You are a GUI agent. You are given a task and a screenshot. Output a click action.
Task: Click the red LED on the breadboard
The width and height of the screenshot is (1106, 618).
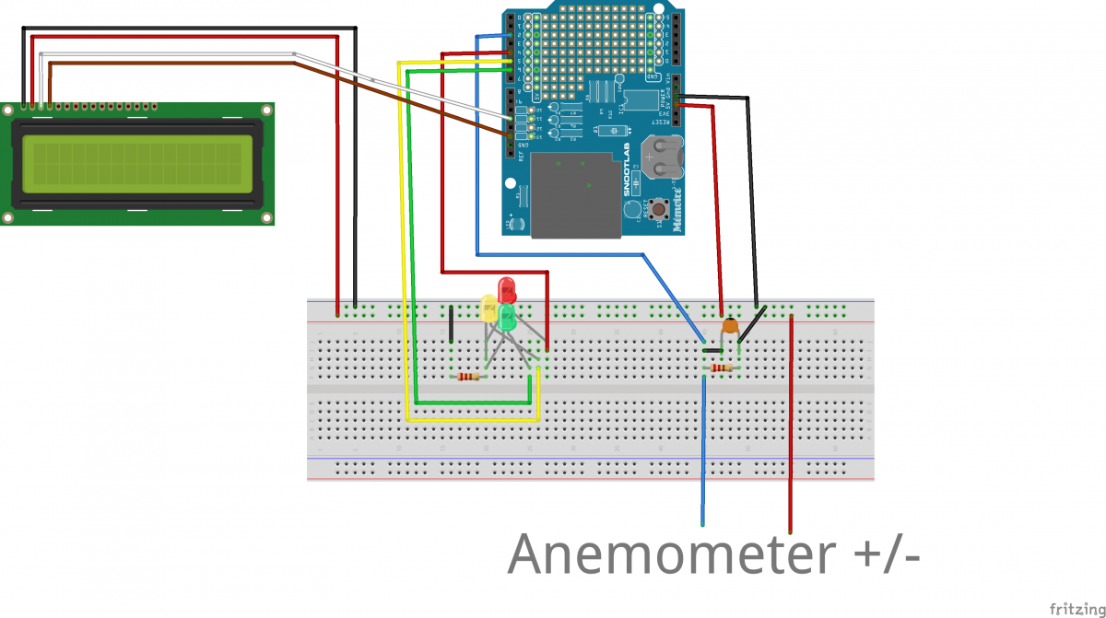(x=506, y=290)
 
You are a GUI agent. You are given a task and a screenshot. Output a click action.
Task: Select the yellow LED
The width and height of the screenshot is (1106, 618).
(x=489, y=308)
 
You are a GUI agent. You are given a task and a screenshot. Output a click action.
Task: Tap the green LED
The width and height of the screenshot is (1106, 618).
(x=508, y=318)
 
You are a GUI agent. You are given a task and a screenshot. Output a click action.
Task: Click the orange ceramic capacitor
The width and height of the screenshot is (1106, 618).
(x=730, y=324)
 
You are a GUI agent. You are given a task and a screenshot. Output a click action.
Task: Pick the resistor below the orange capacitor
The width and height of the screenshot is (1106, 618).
(x=721, y=368)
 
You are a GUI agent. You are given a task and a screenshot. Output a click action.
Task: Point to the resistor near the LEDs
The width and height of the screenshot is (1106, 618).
(x=468, y=376)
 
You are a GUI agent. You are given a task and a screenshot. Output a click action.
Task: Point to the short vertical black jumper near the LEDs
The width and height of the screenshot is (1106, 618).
(x=451, y=326)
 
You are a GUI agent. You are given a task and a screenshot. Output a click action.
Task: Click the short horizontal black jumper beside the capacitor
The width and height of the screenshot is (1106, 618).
(x=712, y=351)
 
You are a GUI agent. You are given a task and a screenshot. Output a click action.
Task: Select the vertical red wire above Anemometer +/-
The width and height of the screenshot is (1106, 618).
(x=790, y=424)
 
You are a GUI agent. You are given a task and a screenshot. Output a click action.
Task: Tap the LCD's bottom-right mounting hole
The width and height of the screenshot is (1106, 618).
(x=266, y=217)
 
